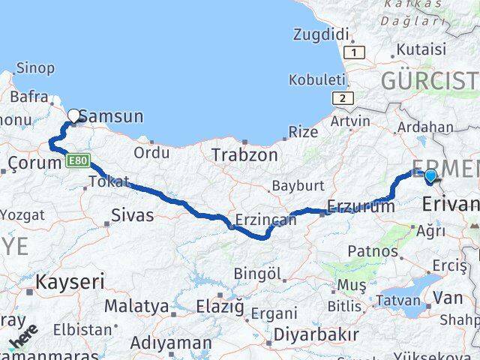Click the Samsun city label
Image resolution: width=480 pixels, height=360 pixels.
(x=111, y=116)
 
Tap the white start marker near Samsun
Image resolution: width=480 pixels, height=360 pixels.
(x=74, y=115)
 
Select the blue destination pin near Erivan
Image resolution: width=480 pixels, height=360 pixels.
(x=430, y=177)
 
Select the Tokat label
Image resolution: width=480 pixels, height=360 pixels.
(x=109, y=181)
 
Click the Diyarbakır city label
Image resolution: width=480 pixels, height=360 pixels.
(x=315, y=333)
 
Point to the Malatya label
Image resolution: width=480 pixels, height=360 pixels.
(x=136, y=306)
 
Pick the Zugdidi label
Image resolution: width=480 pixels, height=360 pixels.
(x=322, y=34)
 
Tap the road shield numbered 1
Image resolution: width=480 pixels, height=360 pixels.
(x=355, y=52)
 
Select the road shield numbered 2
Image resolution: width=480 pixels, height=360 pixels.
(x=343, y=98)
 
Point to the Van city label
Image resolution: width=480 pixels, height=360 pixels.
(x=448, y=298)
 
